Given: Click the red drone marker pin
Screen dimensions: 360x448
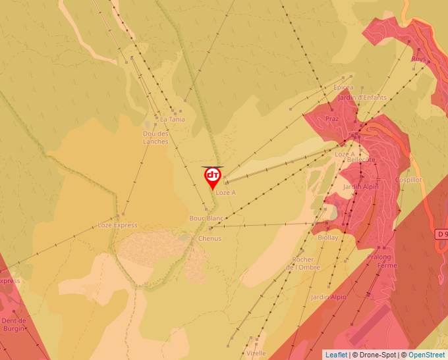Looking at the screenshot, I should (x=213, y=177).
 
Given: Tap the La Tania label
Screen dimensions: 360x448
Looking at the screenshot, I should (x=173, y=120).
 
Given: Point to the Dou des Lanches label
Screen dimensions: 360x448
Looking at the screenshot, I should (x=155, y=138).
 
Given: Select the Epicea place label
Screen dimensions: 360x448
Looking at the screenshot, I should (x=343, y=88).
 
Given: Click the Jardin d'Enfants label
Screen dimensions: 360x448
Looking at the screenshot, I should (x=362, y=98).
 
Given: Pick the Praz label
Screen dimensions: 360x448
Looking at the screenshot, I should (x=331, y=119).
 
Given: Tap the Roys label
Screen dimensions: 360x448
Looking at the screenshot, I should (x=418, y=59).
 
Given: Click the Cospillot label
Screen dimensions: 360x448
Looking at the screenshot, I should (x=408, y=180).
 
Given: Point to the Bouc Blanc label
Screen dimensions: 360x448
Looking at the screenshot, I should (x=206, y=218).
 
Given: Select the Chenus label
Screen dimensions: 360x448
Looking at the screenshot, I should (x=210, y=239).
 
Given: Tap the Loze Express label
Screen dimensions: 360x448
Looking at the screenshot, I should (x=117, y=225).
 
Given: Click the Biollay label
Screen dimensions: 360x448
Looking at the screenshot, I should (x=327, y=238).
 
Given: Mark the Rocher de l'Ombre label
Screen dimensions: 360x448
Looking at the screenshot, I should (x=306, y=263).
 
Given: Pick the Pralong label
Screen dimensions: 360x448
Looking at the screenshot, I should (x=379, y=257).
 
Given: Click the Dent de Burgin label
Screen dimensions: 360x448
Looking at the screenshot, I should (x=14, y=324).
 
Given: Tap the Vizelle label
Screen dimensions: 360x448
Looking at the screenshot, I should (x=256, y=353).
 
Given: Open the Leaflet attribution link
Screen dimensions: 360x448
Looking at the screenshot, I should (x=336, y=355).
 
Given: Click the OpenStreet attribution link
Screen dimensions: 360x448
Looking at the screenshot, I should (x=426, y=355).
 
